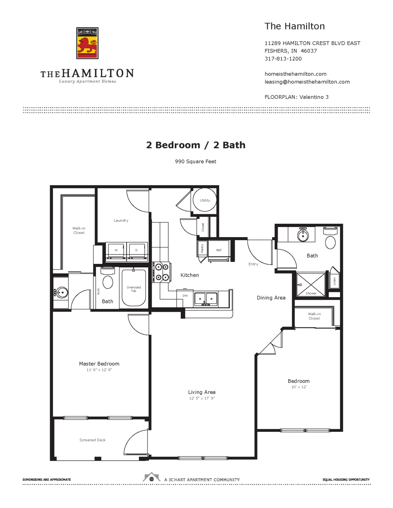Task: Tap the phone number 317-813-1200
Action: [283, 59]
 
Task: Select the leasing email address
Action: [307, 82]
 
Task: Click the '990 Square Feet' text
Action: [196, 161]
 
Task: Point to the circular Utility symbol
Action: [205, 200]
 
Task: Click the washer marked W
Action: [116, 251]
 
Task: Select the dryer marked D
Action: [137, 251]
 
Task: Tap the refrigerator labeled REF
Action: [219, 251]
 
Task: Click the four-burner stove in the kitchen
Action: [162, 272]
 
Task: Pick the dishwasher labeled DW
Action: [185, 296]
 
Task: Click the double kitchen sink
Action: [206, 299]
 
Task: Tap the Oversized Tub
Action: [134, 288]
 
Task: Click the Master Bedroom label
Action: [99, 364]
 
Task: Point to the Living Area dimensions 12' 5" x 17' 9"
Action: [202, 398]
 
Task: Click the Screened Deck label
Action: [92, 440]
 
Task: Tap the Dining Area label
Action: [271, 298]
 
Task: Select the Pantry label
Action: [202, 249]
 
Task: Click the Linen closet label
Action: [334, 281]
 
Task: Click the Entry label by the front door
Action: [253, 264]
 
